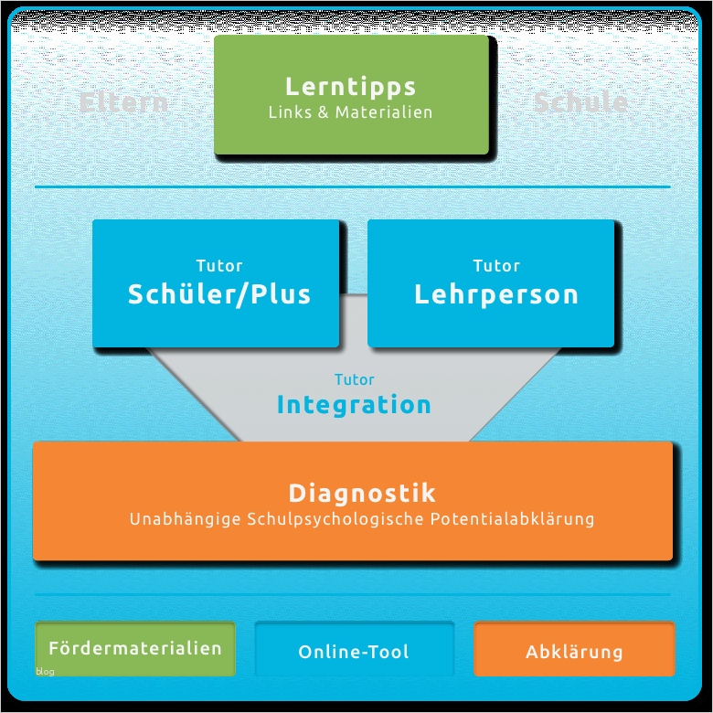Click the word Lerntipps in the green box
click(351, 87)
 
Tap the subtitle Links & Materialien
click(351, 113)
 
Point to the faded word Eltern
click(123, 101)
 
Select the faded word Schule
click(580, 101)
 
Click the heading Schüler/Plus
click(219, 294)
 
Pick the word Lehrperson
click(496, 294)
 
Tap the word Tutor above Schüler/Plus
click(219, 266)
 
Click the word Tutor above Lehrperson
click(496, 266)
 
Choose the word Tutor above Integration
click(355, 379)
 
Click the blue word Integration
click(354, 405)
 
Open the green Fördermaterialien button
click(135, 649)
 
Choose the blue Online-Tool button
click(354, 652)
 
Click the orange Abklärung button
click(574, 652)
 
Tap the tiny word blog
click(46, 672)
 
